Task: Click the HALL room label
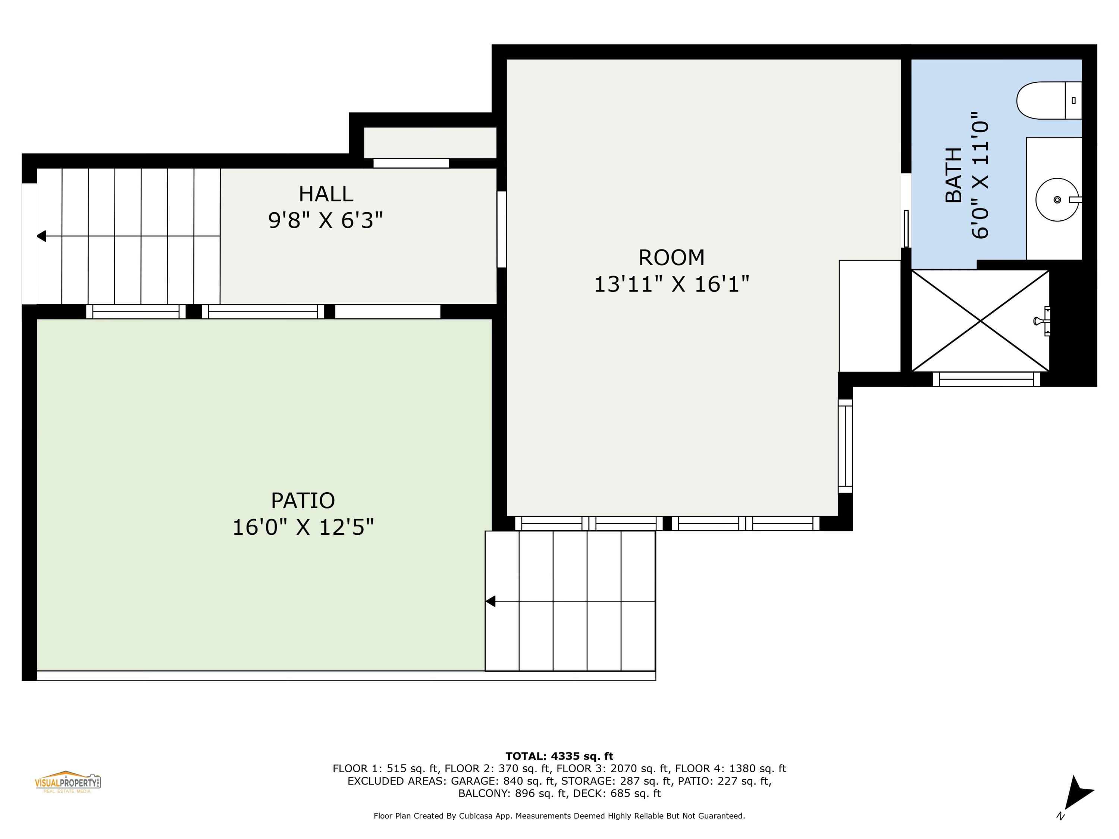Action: click(325, 194)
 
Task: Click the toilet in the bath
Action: click(1047, 101)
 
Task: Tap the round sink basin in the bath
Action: click(1056, 200)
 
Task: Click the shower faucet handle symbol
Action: click(1042, 321)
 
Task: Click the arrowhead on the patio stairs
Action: click(490, 601)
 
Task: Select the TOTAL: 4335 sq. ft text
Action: click(559, 756)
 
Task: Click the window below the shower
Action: click(986, 379)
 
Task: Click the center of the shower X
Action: click(980, 321)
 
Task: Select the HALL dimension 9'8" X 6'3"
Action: click(325, 220)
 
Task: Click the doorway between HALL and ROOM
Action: click(501, 229)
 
